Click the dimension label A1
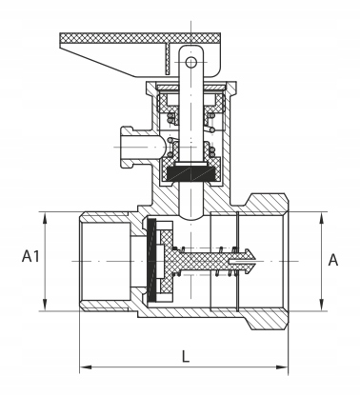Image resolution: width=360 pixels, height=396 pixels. pos(30,256)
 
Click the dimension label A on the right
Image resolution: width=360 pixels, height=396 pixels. pos(333,260)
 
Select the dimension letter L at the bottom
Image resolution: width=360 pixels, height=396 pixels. pos(186,356)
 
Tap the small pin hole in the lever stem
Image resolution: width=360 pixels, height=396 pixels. pos(190,62)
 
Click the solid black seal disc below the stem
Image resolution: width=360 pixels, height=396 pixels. pos(190,173)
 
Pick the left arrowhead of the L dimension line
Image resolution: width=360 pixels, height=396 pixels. pos(86,367)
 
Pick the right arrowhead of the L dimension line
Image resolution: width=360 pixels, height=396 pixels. pos(282,367)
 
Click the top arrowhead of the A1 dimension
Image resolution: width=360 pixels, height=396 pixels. pos(45,219)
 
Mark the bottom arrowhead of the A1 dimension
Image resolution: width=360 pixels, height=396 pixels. pos(45,305)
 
